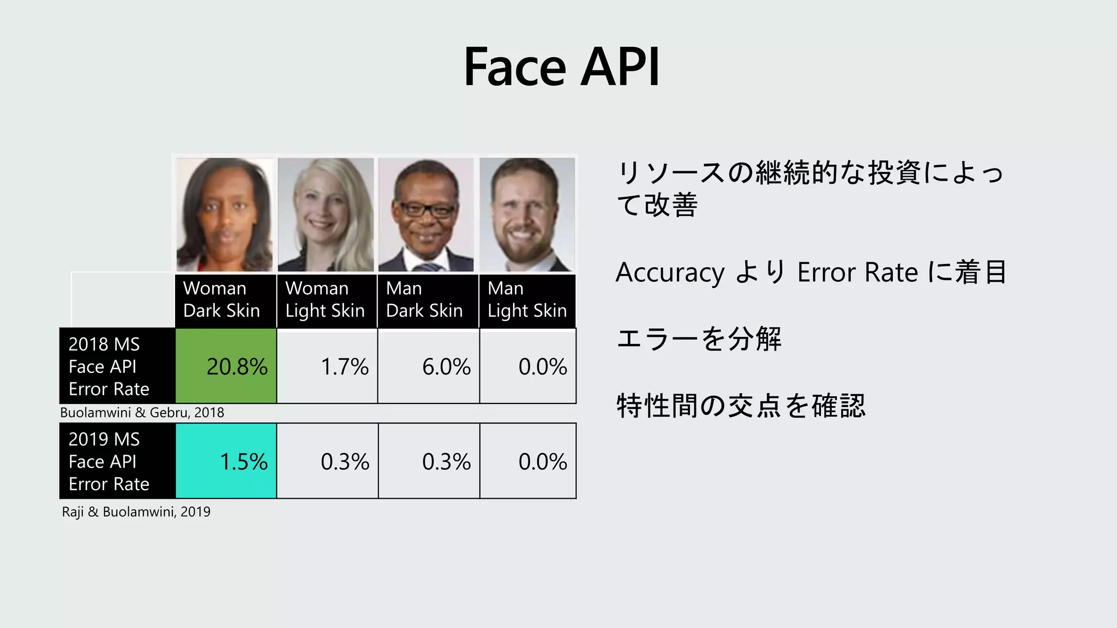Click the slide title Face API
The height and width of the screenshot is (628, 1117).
pos(561,67)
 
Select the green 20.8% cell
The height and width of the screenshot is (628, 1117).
pos(226,366)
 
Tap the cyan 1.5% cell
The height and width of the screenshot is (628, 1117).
pos(226,461)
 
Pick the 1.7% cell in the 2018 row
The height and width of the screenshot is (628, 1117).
pos(327,366)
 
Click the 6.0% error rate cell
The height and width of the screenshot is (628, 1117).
pos(429,366)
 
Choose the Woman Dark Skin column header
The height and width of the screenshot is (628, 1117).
pos(225,300)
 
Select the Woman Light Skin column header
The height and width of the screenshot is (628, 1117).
pos(326,300)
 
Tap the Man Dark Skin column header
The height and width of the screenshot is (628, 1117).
pos(428,300)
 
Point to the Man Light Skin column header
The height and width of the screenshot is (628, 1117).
pos(527,300)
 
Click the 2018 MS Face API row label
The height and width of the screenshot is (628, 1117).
pos(117,366)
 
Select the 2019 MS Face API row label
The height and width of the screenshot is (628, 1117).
pos(117,461)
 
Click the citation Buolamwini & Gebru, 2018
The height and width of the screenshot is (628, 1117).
pos(142,413)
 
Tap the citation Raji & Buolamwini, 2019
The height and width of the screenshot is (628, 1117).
pos(136,512)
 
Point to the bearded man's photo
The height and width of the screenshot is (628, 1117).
pos(527,214)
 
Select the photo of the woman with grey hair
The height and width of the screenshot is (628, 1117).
pos(326,214)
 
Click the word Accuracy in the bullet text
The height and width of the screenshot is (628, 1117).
pos(670,272)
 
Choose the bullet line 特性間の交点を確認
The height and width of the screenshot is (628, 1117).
pos(741,406)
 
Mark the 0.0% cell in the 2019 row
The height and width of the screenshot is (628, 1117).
pos(528,461)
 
